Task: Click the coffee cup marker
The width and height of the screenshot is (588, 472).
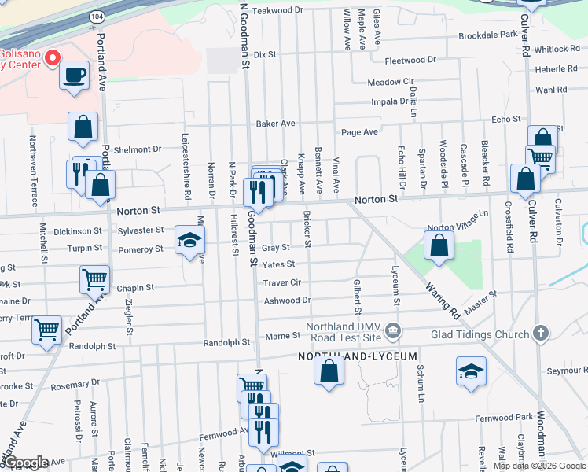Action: tap(74, 76)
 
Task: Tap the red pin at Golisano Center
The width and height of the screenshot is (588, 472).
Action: tap(53, 57)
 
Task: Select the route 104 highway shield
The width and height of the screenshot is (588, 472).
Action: tap(96, 16)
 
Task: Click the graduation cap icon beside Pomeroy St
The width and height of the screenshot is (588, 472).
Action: tap(189, 240)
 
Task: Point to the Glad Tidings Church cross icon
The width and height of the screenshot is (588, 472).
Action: tap(540, 333)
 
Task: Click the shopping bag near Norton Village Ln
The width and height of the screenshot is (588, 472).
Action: tap(439, 245)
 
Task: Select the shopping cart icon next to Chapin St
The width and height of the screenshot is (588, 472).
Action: tap(94, 278)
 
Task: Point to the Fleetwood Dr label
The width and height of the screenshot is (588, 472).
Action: tap(410, 60)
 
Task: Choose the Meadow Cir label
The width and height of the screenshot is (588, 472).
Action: tap(390, 82)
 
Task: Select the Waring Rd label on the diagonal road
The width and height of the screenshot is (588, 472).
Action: tap(443, 300)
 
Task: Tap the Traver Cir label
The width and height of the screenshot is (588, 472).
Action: tap(282, 282)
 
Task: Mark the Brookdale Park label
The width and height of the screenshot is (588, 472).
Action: tap(488, 35)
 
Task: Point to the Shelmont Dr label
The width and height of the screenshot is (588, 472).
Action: tap(137, 149)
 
